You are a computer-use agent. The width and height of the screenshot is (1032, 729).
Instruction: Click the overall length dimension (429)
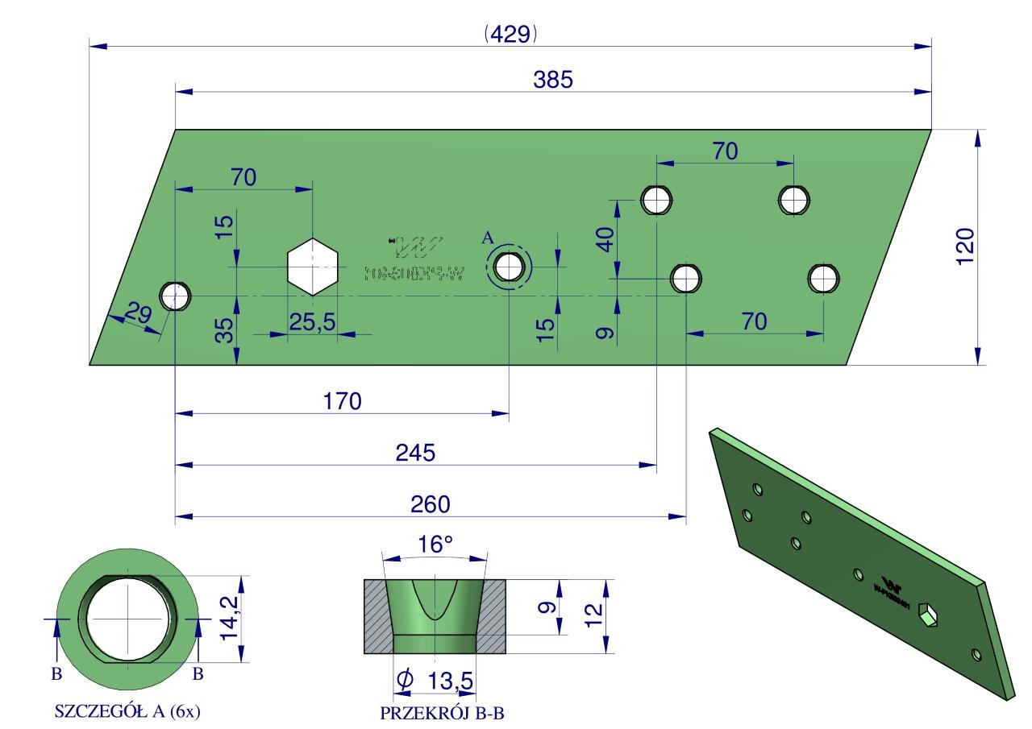tap(510, 34)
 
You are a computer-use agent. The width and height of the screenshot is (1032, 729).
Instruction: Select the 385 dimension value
tap(552, 80)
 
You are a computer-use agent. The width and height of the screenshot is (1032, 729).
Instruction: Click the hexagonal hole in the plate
tap(313, 267)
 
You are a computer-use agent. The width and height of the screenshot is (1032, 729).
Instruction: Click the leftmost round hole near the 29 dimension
tap(175, 296)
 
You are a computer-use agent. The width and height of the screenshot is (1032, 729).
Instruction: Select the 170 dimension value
tap(343, 401)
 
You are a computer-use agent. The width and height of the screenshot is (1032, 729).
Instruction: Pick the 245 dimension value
tap(415, 453)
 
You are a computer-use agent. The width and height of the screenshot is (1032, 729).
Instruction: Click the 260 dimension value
tap(431, 504)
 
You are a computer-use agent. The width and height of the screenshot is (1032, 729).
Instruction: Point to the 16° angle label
tap(436, 545)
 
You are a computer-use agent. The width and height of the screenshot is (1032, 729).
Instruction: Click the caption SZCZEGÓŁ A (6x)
tap(127, 713)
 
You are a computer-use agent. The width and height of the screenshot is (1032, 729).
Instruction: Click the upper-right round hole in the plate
tap(794, 199)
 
